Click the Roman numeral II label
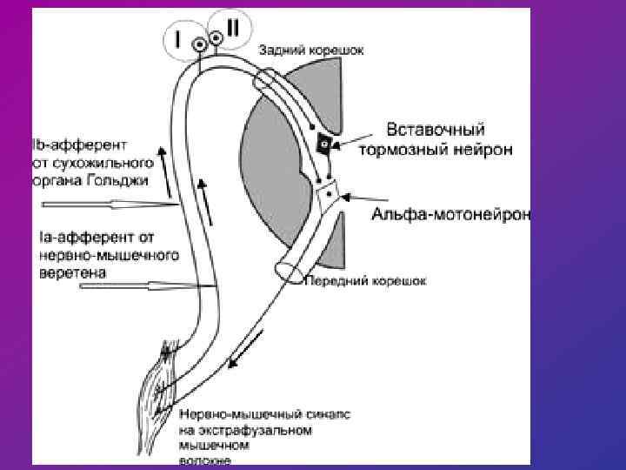(x=232, y=28)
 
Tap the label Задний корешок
(x=310, y=50)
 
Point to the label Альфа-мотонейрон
(x=451, y=213)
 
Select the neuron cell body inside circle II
(x=215, y=37)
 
